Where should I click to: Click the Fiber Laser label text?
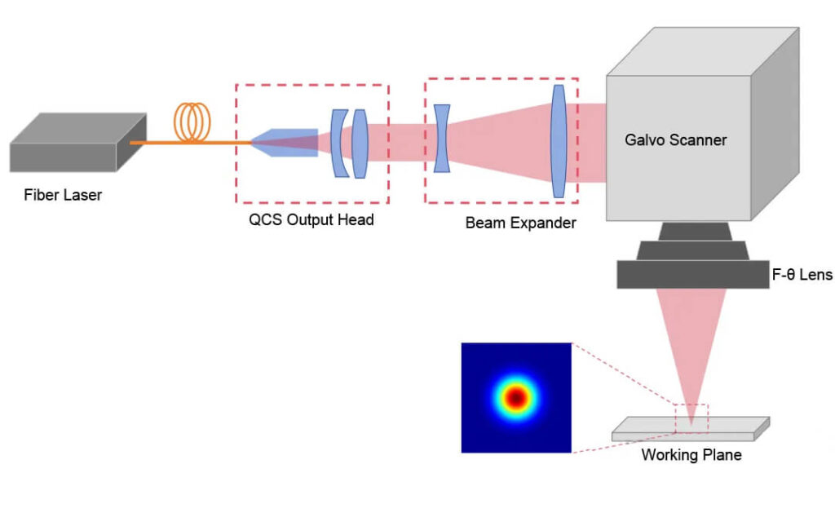coord(63,195)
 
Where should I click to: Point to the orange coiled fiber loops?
coord(192,123)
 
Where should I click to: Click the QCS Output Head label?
coord(311,219)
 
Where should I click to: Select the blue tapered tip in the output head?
coord(285,143)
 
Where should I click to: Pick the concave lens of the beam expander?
coord(442,138)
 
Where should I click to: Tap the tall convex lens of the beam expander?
coord(559,140)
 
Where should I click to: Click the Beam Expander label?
coord(520,222)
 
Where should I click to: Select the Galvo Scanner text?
coord(675,139)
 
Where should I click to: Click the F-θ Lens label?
coord(802,275)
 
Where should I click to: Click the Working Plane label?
coord(691,454)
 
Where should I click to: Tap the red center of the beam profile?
coord(515,398)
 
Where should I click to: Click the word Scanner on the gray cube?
coord(699,139)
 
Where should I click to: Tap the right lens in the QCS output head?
coord(360,143)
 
